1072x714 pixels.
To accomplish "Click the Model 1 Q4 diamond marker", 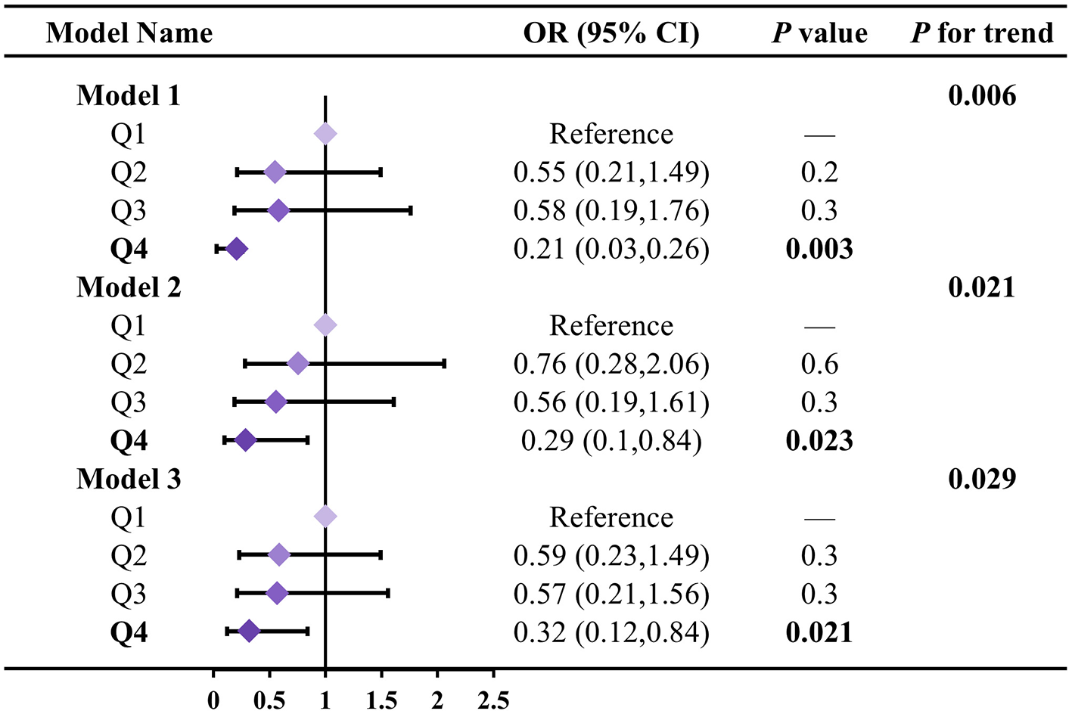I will coord(237,249).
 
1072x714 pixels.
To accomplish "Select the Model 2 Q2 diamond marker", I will coord(298,364).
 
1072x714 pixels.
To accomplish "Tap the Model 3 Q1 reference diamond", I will coord(325,517).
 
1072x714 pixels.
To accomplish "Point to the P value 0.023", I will coord(819,441).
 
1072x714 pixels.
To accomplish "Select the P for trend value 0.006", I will coord(982,96).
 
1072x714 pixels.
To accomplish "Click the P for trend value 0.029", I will coord(982,479).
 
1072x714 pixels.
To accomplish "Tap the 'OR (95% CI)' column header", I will coord(611,33).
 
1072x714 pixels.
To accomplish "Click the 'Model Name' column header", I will coord(129,33).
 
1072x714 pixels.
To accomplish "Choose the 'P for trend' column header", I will coord(982,33).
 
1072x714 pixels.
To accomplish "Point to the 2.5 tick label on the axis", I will coord(493,700).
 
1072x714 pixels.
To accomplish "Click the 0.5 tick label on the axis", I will coord(269,700).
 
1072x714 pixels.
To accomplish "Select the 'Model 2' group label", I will coord(129,287).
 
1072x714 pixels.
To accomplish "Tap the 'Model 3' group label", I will coord(129,479).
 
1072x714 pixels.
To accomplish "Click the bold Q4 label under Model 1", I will coord(129,249).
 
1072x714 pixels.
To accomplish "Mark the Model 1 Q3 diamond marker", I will coord(278,210).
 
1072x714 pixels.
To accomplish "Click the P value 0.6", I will coord(819,364).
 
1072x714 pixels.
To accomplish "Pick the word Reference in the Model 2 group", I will coord(611,326).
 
